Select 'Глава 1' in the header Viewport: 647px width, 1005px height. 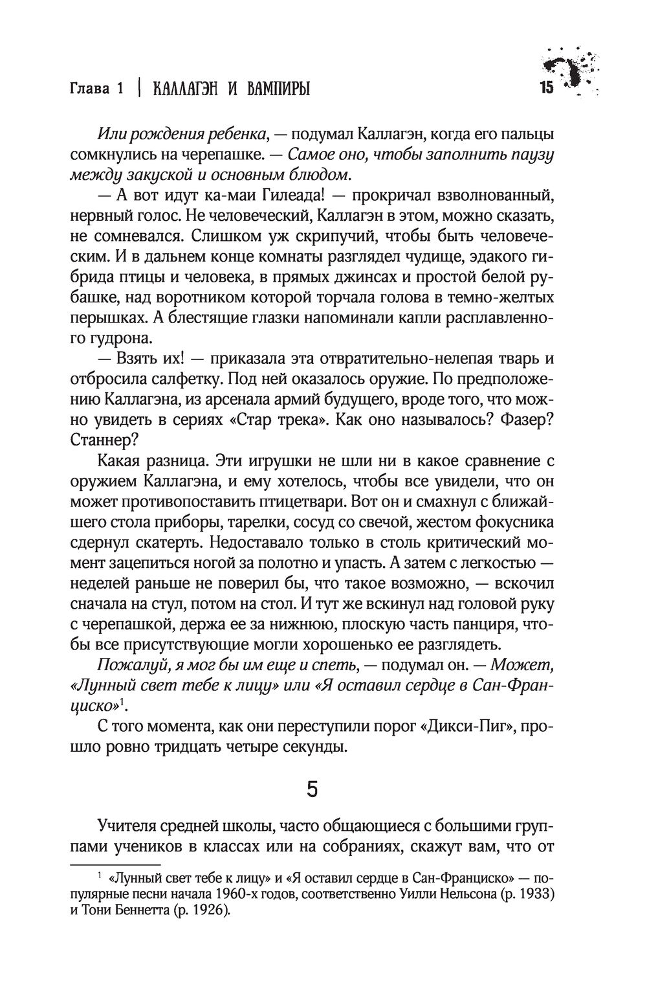tap(96, 89)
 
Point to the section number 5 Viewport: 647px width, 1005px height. tap(313, 791)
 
